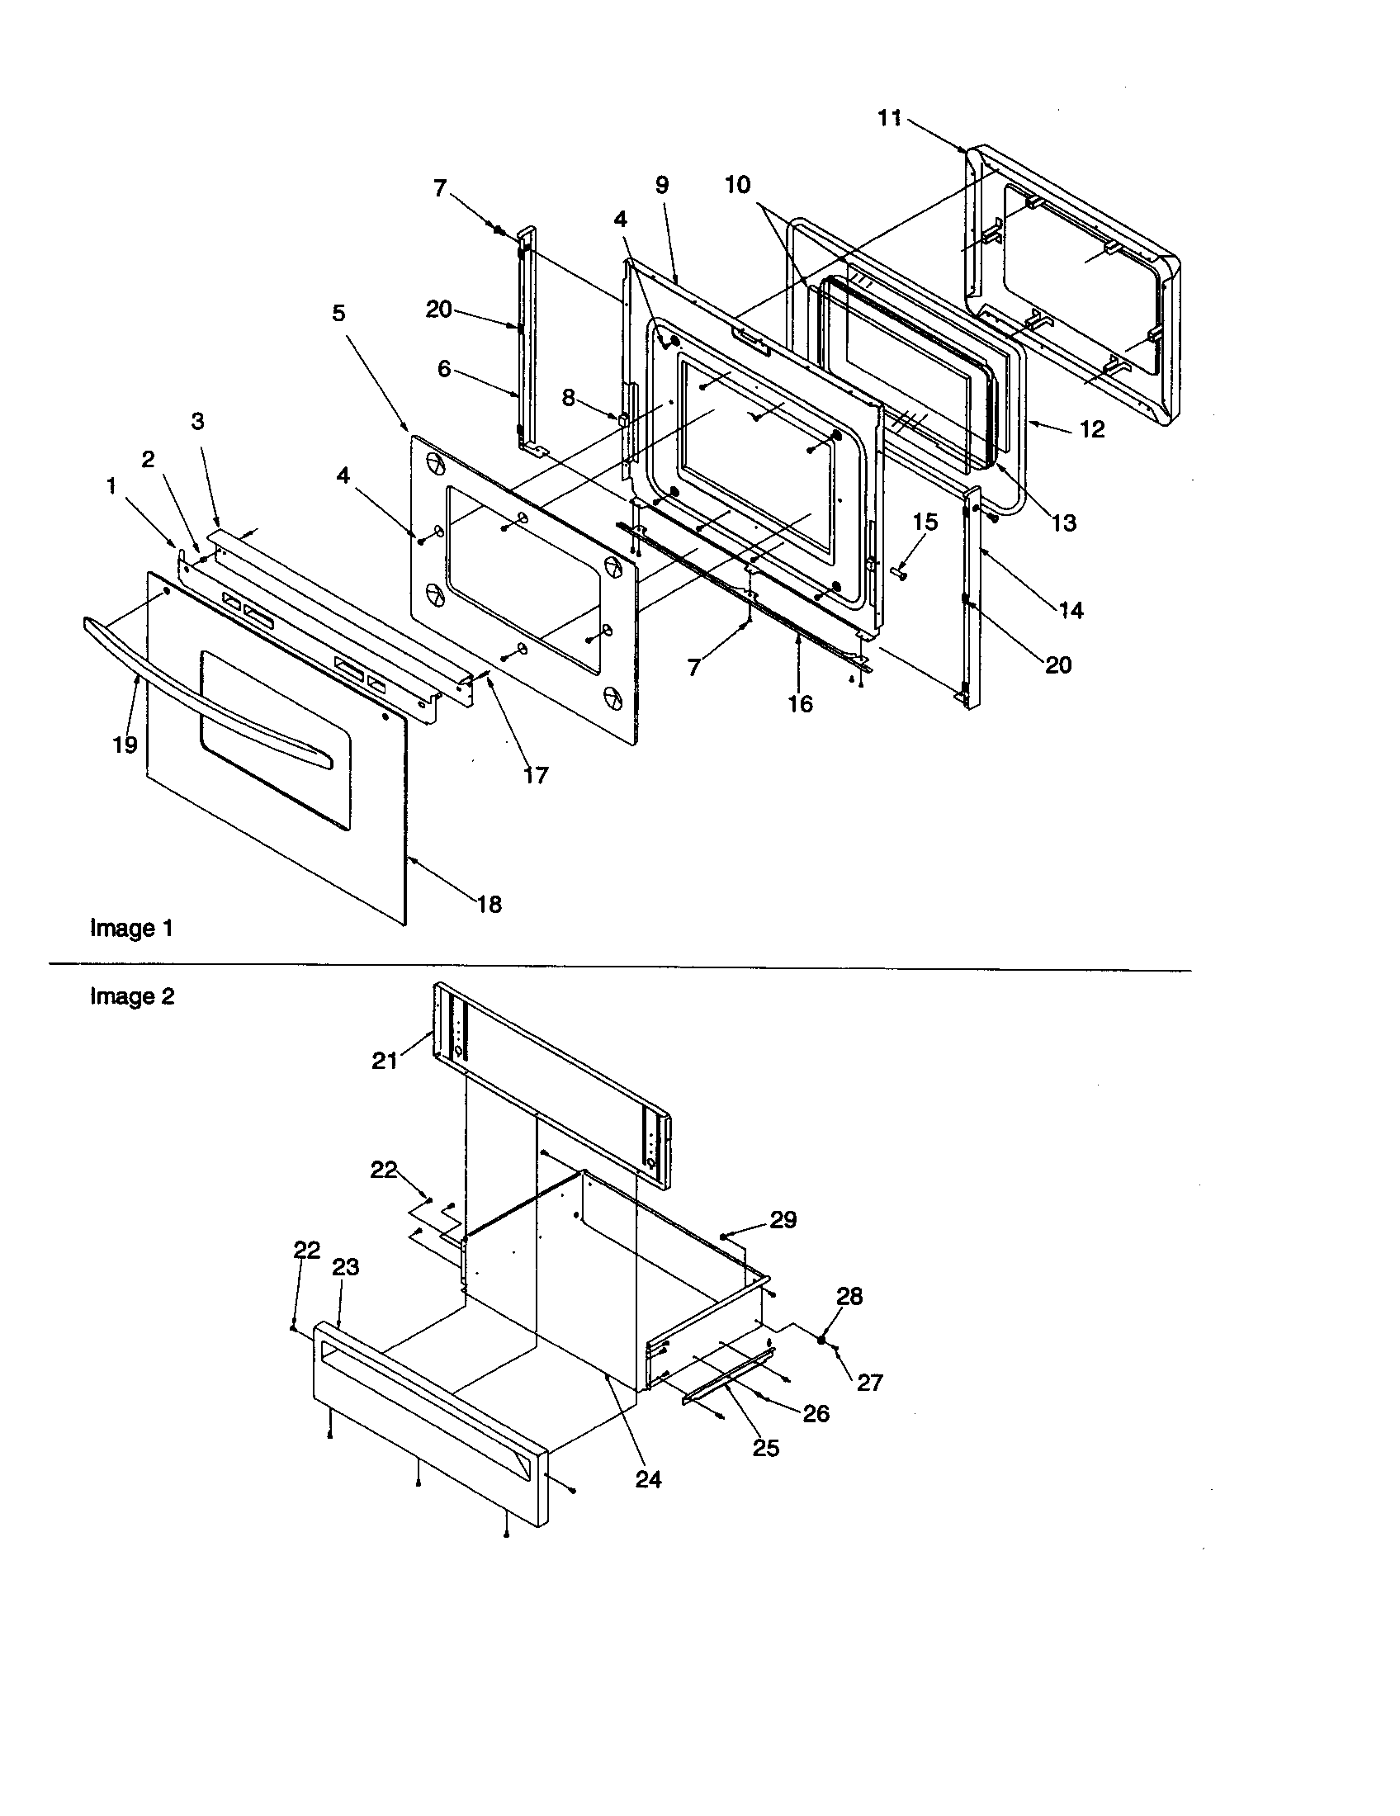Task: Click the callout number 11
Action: pos(889,119)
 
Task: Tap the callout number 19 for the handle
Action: pos(125,745)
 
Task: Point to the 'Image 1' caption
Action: pos(131,928)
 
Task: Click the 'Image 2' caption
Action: pos(132,996)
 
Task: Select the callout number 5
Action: pos(338,314)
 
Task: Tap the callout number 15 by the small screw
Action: pos(925,523)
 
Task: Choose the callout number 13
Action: pos(1064,523)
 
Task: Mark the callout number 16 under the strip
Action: pos(800,704)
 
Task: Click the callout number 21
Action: pos(384,1061)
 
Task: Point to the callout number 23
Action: pos(345,1267)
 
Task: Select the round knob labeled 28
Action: pos(821,1340)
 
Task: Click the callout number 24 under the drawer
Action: pos(649,1479)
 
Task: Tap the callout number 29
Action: pos(783,1220)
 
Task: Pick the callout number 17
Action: pos(536,775)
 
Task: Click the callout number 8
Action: pos(568,399)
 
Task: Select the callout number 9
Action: pos(662,185)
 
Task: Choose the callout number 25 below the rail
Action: pos(766,1449)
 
